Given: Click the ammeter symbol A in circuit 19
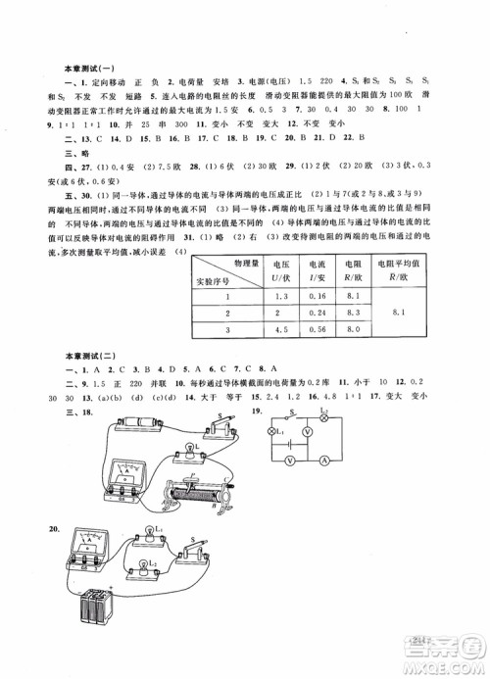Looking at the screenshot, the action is [324, 461].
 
